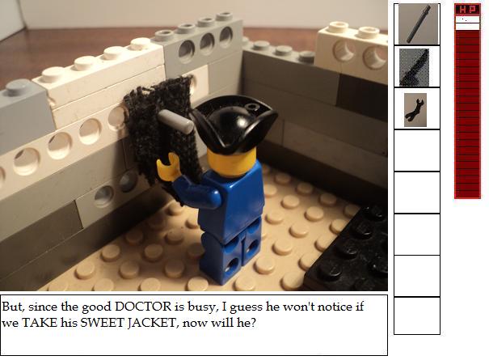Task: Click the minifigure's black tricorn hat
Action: coord(234,123)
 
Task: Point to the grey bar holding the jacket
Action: coord(175,122)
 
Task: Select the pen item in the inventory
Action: coord(419,24)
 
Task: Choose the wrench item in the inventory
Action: coord(414,109)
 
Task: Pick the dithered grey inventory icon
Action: coord(414,67)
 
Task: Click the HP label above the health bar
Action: coord(467,10)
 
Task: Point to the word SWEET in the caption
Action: coord(103,322)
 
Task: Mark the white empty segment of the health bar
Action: coord(467,23)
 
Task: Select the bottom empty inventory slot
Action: coord(417,316)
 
